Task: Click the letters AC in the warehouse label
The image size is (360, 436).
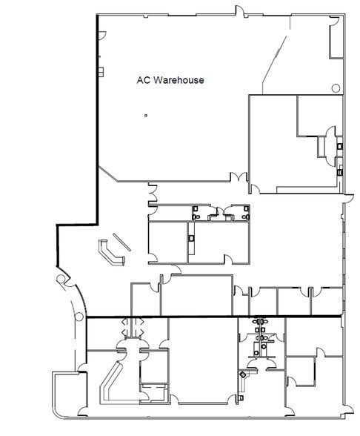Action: (143, 78)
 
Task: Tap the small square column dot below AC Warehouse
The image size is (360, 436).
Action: (146, 114)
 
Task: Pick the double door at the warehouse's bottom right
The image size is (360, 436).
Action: (239, 178)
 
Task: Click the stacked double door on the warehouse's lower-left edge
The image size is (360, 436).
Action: (151, 195)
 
